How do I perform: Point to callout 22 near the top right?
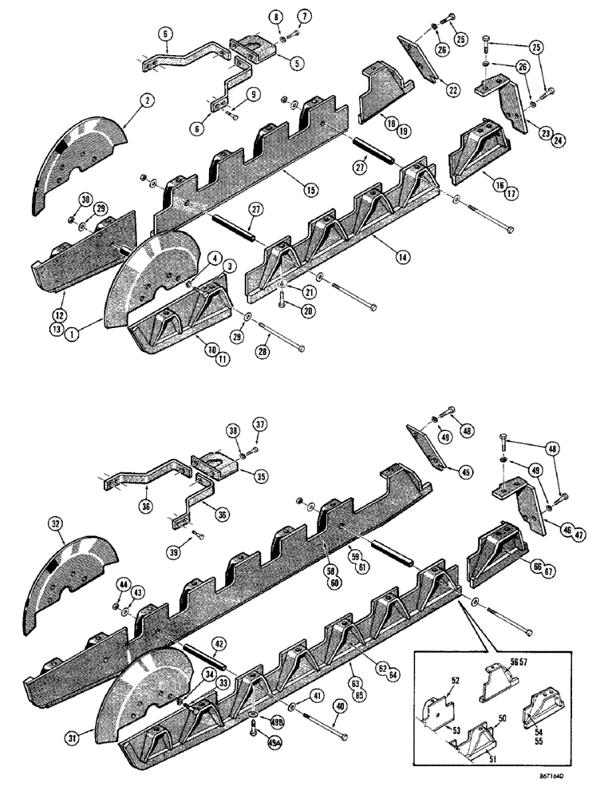(452, 93)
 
